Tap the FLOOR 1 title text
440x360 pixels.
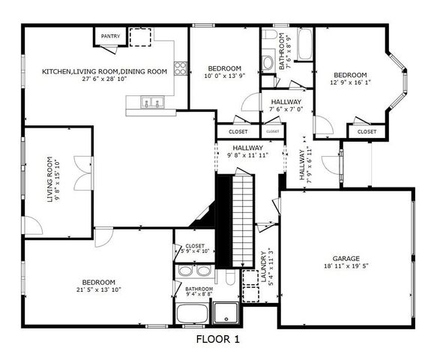pyautogui.click(x=217, y=340)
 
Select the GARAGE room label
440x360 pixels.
pyautogui.click(x=346, y=257)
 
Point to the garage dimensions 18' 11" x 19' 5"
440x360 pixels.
pyautogui.click(x=346, y=266)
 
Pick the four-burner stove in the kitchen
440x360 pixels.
pyautogui.click(x=180, y=68)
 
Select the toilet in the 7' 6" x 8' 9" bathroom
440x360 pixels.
pyautogui.click(x=268, y=61)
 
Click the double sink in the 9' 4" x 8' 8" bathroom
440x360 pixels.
pyautogui.click(x=193, y=271)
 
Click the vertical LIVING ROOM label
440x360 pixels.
pyautogui.click(x=51, y=179)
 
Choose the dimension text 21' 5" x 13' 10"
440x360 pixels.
pyautogui.click(x=98, y=292)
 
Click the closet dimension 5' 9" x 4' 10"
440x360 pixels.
pyautogui.click(x=195, y=252)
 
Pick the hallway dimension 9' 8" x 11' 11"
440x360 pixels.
pyautogui.click(x=247, y=155)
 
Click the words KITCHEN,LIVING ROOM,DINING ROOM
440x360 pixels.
pyautogui.click(x=104, y=71)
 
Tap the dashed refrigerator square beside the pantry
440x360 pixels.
pyautogui.click(x=140, y=37)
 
